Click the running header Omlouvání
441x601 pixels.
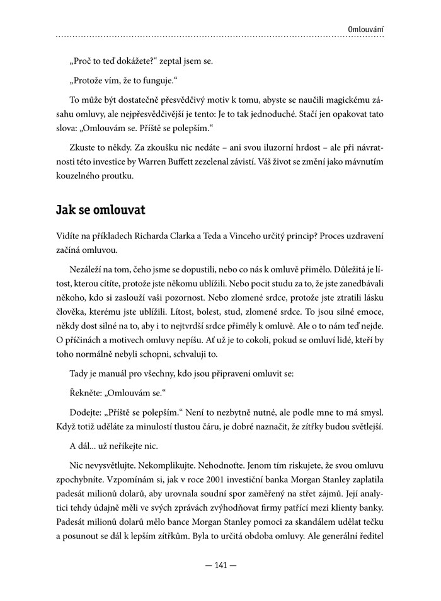(365, 29)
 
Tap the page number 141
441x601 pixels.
(220, 565)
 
